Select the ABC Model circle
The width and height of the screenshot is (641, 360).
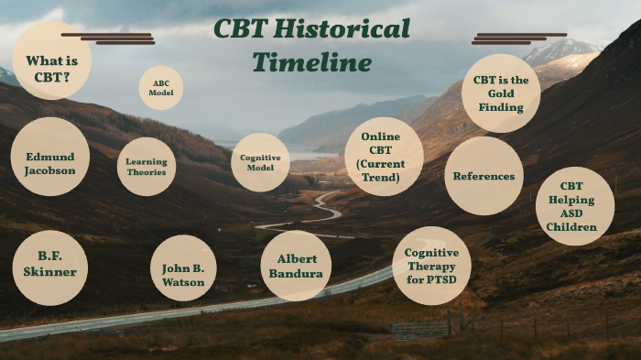(161, 88)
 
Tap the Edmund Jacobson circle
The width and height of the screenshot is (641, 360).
(50, 157)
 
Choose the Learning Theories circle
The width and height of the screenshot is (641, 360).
(147, 166)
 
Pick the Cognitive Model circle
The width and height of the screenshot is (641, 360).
(260, 162)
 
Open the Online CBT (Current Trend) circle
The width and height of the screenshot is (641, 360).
(385, 157)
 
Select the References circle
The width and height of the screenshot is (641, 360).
(483, 176)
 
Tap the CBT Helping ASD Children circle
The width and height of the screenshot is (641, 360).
(575, 206)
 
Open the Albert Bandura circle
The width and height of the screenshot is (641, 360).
(296, 266)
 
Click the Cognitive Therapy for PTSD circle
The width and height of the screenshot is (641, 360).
(431, 266)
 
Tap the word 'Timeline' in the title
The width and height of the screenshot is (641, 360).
(311, 62)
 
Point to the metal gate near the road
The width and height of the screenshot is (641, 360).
(420, 328)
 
